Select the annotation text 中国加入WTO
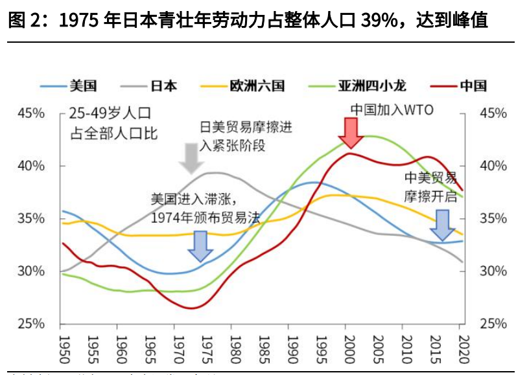pos(392,109)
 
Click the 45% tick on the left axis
pos(31,113)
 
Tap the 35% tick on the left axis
pos(31,218)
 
